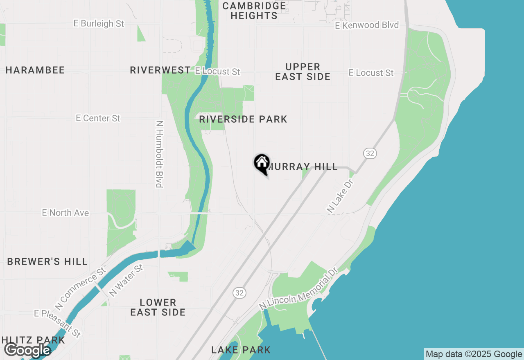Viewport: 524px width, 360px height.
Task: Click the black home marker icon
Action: (x=262, y=163)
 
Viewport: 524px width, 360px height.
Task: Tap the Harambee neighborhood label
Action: (x=35, y=70)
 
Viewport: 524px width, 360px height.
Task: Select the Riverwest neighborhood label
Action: (x=160, y=70)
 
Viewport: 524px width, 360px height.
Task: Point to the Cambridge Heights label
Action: (x=254, y=11)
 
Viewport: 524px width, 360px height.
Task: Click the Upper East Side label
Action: (x=303, y=72)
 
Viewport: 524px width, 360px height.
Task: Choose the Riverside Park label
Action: (x=243, y=119)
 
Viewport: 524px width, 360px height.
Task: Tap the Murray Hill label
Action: (x=303, y=167)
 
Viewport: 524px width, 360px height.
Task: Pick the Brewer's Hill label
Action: (x=47, y=262)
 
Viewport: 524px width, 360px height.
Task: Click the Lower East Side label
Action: (x=158, y=307)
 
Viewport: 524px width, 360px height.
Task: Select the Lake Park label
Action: (x=241, y=350)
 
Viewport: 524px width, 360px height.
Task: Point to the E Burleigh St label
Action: (x=99, y=24)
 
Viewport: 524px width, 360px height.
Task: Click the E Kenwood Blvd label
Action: (x=367, y=25)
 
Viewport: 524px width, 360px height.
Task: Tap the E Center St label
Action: (x=98, y=118)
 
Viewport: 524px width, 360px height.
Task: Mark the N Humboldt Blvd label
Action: (x=160, y=154)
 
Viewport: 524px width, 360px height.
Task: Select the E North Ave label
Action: (x=65, y=213)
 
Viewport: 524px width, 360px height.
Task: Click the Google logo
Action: (x=27, y=351)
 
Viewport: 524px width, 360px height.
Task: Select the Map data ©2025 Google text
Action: (x=474, y=354)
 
